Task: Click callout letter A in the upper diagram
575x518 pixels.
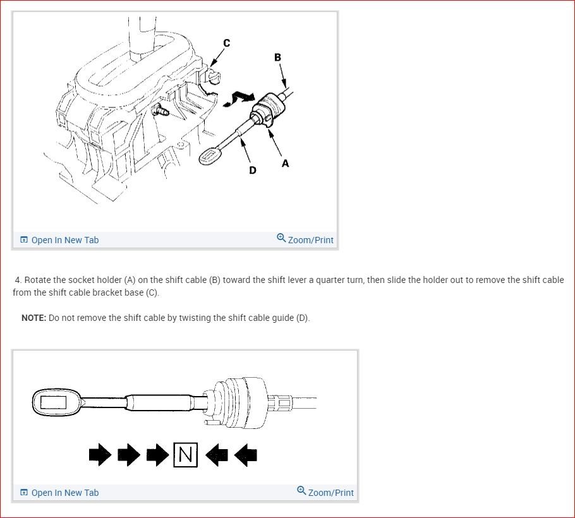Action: coord(286,163)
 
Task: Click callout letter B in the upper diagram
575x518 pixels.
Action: coord(277,57)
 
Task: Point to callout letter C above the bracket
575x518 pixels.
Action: coord(227,43)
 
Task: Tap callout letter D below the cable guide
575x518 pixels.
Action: coord(253,170)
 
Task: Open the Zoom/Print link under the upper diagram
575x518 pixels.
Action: coord(305,240)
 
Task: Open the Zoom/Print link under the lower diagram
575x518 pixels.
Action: coord(325,493)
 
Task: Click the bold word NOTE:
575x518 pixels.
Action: coord(33,318)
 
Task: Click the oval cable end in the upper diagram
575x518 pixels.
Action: coord(210,156)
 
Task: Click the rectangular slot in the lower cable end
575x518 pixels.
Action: coord(54,401)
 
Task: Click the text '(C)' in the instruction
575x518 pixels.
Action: coord(152,293)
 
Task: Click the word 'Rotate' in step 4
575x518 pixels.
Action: coord(39,280)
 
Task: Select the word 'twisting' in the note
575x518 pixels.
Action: coord(183,318)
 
